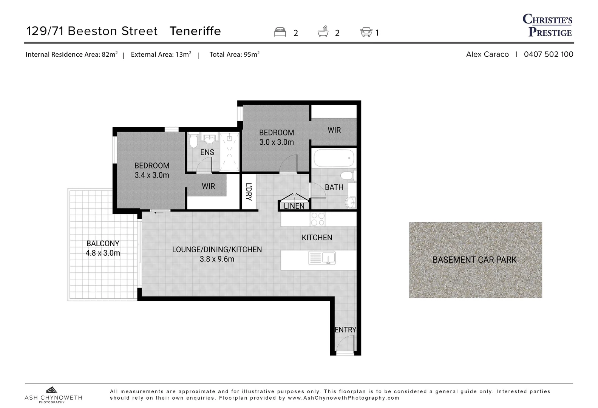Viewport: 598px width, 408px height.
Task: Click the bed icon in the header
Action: (280, 32)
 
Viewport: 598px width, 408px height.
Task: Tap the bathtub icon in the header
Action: (323, 31)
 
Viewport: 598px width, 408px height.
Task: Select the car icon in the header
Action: (366, 32)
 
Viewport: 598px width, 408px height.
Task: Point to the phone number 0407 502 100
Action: (548, 54)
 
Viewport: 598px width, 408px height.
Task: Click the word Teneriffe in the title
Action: (195, 31)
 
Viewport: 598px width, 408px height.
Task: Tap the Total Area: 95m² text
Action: (234, 54)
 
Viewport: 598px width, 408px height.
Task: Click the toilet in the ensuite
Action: (193, 142)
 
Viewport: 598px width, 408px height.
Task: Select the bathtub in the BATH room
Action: (334, 158)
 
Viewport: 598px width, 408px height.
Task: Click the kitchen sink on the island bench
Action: (321, 258)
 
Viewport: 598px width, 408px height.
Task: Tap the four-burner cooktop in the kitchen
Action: (317, 219)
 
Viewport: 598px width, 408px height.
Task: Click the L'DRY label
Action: (248, 192)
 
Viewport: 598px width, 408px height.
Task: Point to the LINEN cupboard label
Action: (294, 206)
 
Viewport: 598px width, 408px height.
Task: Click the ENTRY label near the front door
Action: (345, 330)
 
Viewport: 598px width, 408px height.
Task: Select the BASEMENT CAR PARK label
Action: (474, 260)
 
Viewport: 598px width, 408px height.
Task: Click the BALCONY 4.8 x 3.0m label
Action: (103, 248)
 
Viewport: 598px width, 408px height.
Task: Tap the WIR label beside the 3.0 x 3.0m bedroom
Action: (334, 130)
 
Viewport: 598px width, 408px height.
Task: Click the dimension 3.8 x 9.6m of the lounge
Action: (217, 259)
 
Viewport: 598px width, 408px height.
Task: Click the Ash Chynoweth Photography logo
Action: (53, 395)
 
